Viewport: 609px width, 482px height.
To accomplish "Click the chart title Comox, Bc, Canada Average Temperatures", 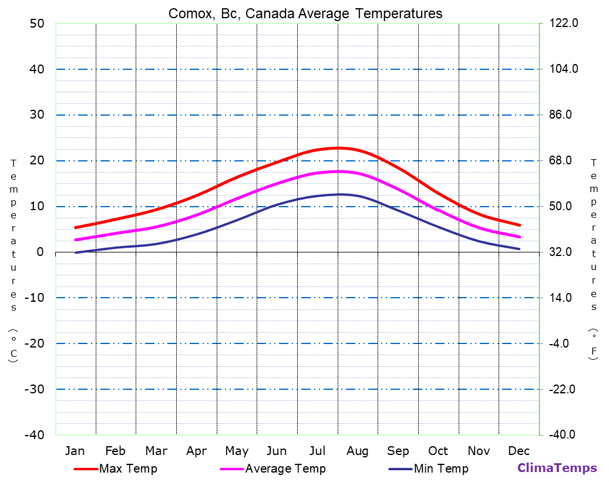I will pyautogui.click(x=305, y=13).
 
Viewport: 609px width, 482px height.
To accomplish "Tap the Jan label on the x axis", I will pyautogui.click(x=75, y=451).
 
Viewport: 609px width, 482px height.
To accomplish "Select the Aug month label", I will pyautogui.click(x=357, y=451).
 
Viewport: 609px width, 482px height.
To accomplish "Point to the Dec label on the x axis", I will pyautogui.click(x=519, y=451).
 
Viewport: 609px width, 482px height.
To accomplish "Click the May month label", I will pyautogui.click(x=237, y=451).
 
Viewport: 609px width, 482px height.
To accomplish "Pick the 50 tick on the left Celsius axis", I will pyautogui.click(x=36, y=23).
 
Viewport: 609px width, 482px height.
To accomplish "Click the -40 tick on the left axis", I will pyautogui.click(x=34, y=435).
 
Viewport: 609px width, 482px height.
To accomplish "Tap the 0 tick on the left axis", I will pyautogui.click(x=40, y=252).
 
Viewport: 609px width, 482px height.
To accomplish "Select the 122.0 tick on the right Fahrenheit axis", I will pyautogui.click(x=564, y=23).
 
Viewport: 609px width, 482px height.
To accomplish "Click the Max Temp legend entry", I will pyautogui.click(x=128, y=468).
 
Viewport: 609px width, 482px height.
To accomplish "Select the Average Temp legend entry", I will pyautogui.click(x=285, y=468).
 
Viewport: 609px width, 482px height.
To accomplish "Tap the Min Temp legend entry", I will pyautogui.click(x=440, y=468).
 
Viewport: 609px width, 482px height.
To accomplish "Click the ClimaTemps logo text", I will pyautogui.click(x=557, y=468).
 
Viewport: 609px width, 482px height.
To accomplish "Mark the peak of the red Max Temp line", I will pyautogui.click(x=338, y=148).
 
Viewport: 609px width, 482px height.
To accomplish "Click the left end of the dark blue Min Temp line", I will pyautogui.click(x=75, y=252).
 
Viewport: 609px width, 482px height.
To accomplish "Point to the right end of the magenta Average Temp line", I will pyautogui.click(x=520, y=237).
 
